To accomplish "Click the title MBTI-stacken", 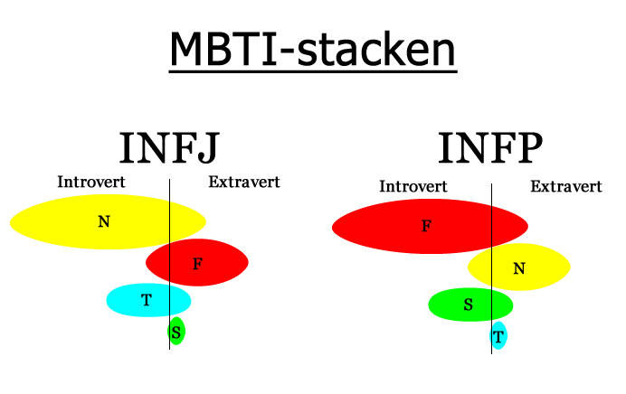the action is [313, 49].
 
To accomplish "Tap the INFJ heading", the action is [170, 147].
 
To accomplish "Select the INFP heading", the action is [490, 147].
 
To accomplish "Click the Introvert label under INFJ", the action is [91, 182].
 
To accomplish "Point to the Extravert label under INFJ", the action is [244, 182].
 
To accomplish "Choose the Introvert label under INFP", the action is [413, 186].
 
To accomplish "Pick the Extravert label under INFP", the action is [566, 186].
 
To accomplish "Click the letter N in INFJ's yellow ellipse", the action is [104, 221].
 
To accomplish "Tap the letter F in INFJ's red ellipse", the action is [197, 264].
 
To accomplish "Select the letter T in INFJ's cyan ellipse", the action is [147, 299].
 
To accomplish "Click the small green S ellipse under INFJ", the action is [176, 331].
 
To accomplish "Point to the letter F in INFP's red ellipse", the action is [427, 226].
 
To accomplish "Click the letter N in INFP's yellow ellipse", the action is [519, 268].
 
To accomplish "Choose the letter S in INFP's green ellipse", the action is [469, 305].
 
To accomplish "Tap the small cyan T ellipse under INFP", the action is [498, 335].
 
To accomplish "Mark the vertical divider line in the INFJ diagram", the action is [170, 265].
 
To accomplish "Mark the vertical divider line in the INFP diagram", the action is [491, 268].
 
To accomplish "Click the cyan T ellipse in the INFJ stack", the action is [148, 300].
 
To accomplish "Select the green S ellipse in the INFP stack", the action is [470, 305].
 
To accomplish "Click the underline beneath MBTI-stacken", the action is [313, 71].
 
